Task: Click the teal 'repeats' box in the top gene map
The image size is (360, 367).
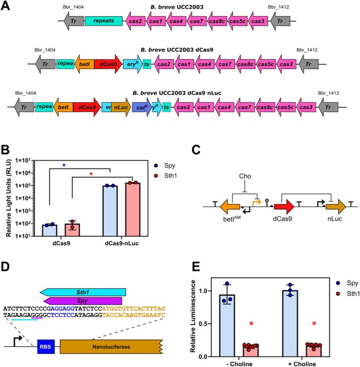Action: [104, 21]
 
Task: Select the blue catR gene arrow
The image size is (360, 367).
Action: [142, 107]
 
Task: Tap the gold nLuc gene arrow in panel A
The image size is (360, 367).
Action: [121, 107]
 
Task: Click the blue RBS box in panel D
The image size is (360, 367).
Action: [46, 347]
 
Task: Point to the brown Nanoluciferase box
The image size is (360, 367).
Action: [111, 347]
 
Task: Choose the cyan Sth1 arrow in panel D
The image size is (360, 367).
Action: [83, 292]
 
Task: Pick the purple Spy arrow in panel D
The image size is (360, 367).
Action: [83, 301]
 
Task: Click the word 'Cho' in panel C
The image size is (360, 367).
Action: [245, 176]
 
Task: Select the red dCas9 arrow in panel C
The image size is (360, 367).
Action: [284, 207]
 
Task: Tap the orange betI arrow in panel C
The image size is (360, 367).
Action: [230, 207]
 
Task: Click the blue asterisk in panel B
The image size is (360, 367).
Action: [64, 166]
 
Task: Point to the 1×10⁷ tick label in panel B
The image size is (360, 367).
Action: [23, 161]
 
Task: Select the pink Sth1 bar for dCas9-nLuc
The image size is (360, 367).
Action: [133, 209]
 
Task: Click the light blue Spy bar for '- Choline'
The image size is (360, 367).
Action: [227, 325]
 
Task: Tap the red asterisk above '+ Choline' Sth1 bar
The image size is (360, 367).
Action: [314, 324]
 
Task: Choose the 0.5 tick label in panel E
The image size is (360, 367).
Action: [203, 324]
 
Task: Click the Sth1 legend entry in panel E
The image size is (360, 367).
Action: [348, 293]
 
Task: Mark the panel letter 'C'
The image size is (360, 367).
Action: [196, 150]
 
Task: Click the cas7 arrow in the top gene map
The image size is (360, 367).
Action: [197, 21]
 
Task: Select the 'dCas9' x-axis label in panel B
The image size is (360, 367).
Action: [61, 243]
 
